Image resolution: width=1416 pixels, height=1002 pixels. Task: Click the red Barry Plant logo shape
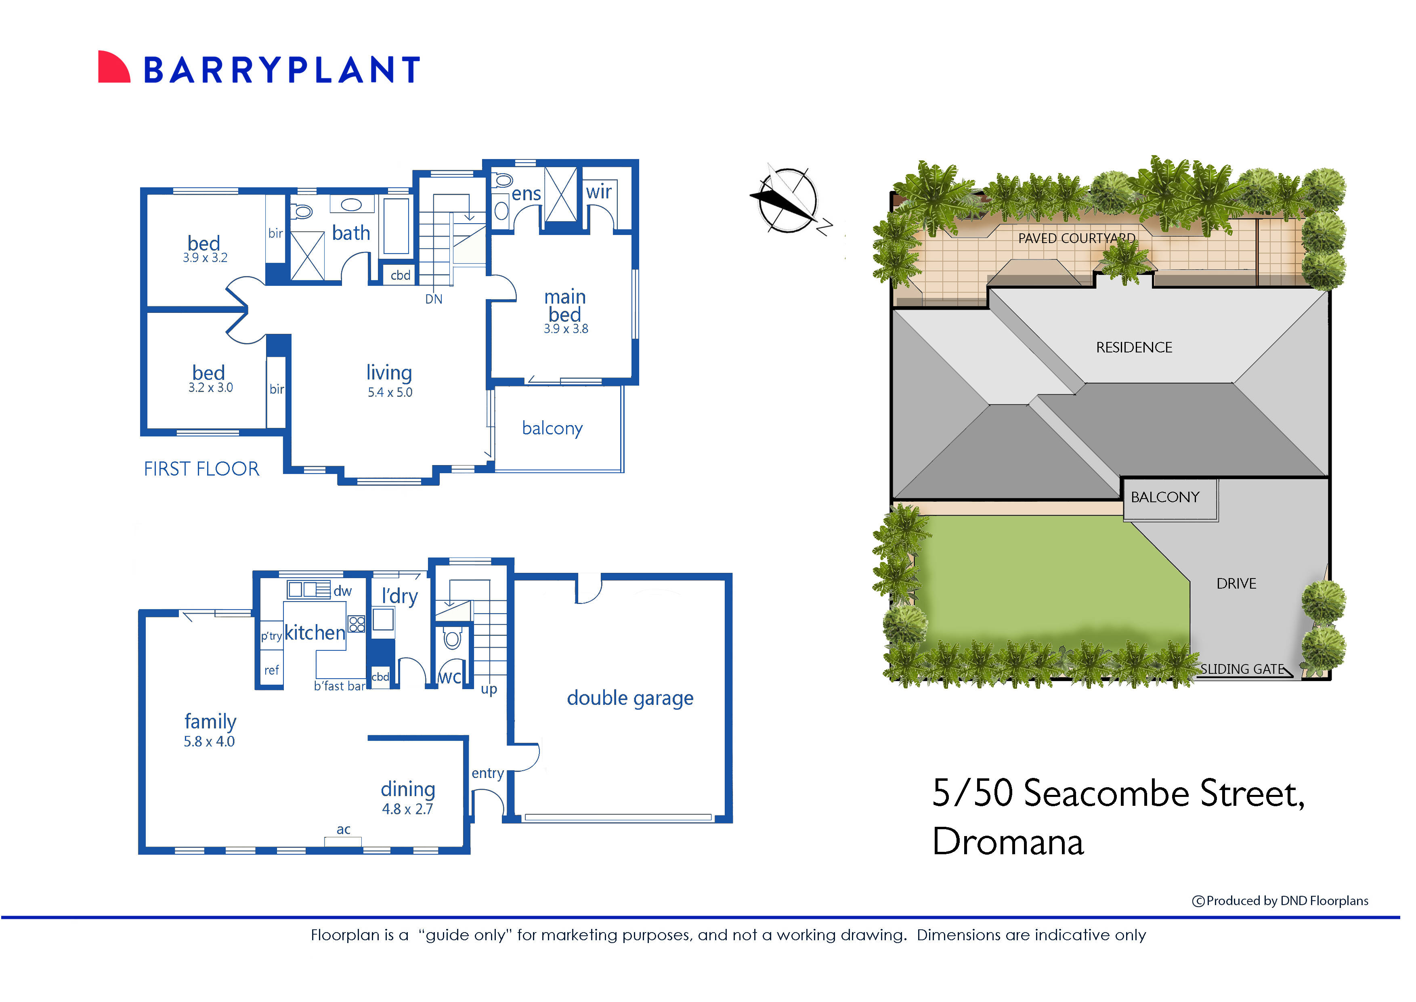(x=113, y=67)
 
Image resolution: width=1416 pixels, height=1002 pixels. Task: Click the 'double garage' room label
(x=629, y=698)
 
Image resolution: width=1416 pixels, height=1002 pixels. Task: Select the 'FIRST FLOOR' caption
(x=201, y=469)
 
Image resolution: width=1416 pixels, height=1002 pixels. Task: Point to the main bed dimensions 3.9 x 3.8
(x=565, y=329)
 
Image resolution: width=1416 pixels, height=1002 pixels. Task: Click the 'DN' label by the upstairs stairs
(x=433, y=299)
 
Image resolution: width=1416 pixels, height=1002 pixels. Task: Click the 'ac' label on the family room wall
(x=343, y=829)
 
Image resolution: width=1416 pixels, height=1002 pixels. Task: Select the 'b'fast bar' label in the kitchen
(x=339, y=685)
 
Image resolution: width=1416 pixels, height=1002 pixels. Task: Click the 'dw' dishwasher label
(x=342, y=591)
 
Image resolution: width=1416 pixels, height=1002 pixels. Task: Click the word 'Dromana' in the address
(x=1007, y=842)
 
